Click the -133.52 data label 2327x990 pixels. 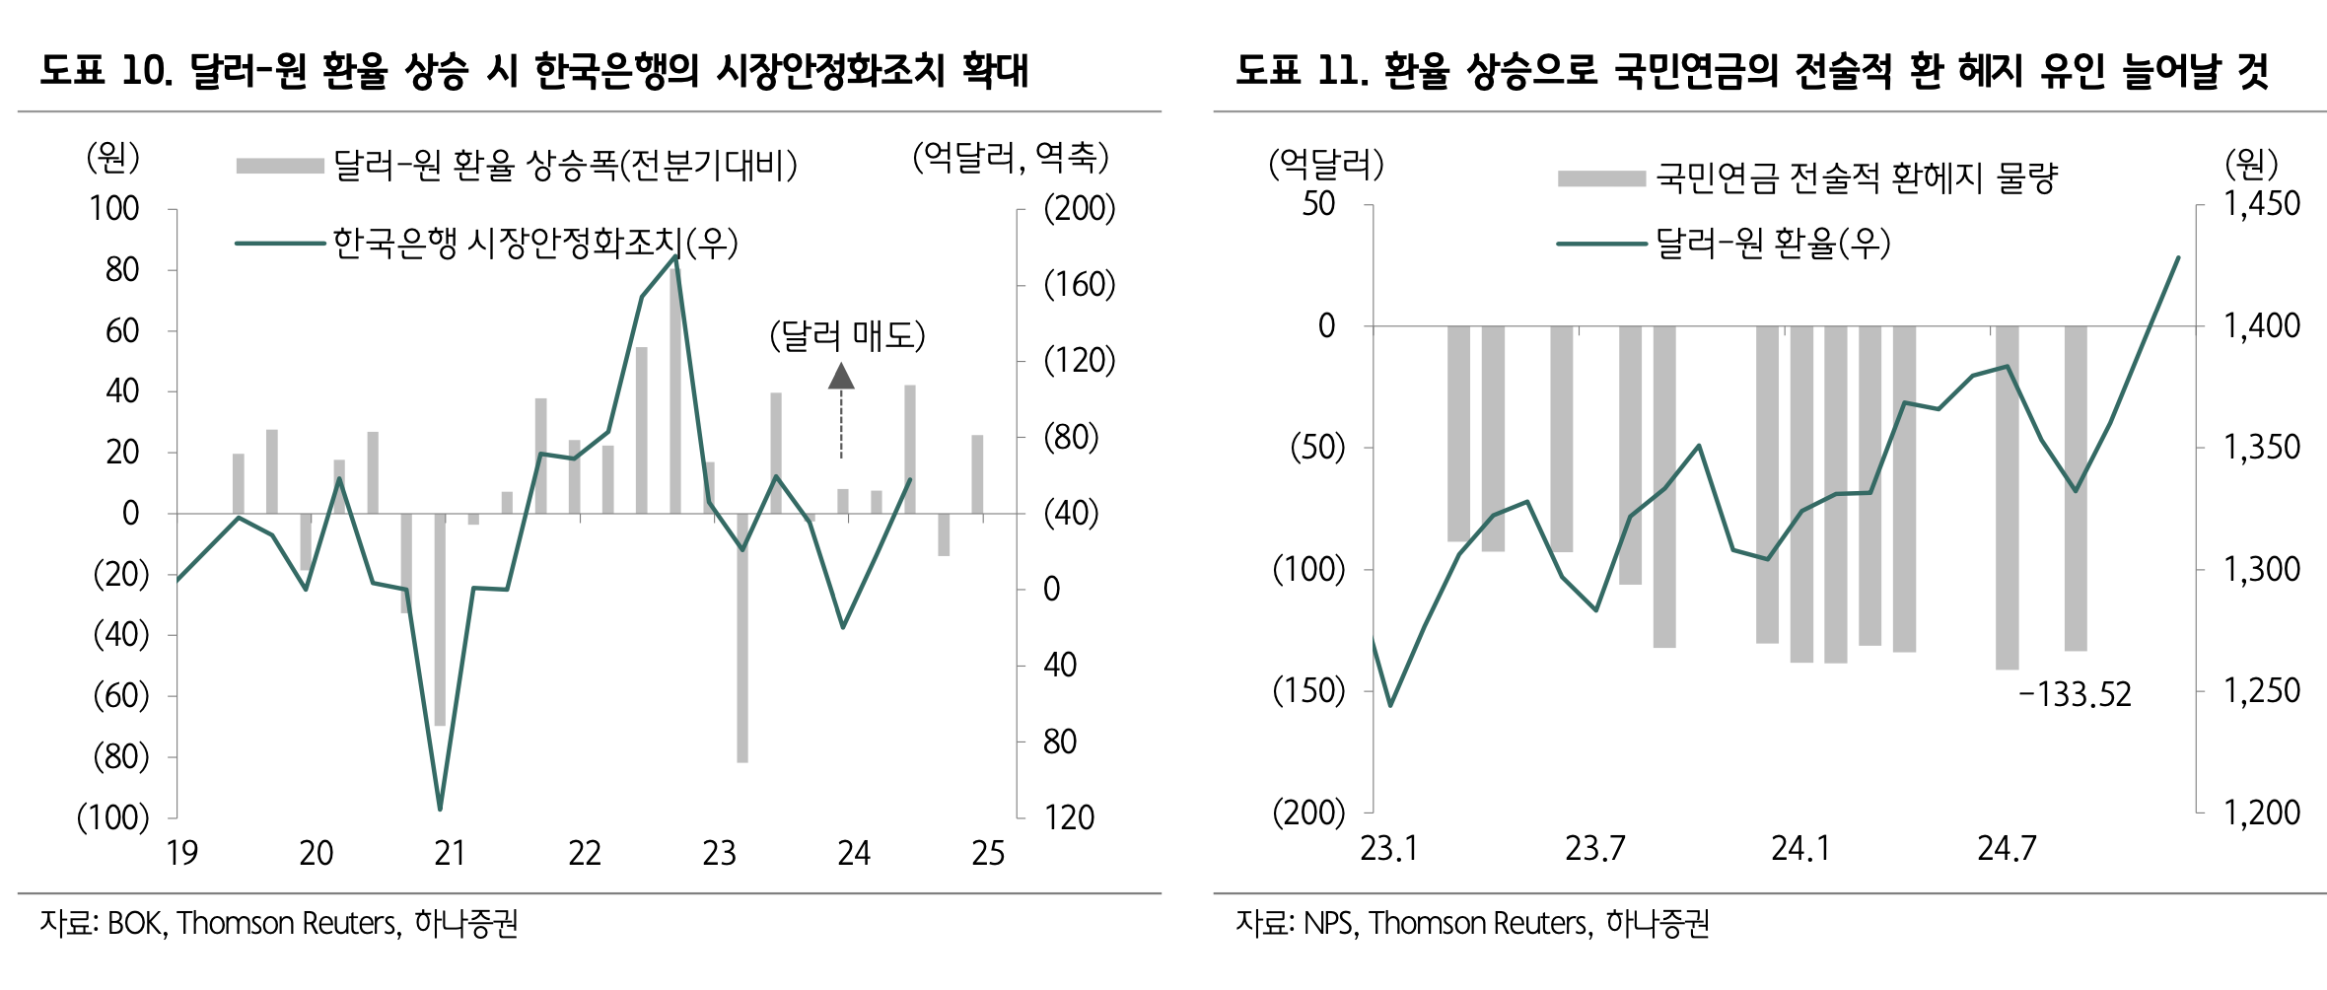tap(2075, 695)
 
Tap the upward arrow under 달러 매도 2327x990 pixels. tap(841, 377)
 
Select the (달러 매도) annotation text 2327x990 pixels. tap(847, 336)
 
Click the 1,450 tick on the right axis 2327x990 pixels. tap(2261, 204)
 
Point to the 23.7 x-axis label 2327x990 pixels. tap(1594, 849)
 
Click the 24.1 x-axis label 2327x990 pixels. tap(1800, 849)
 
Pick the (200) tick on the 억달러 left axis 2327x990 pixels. tap(1308, 813)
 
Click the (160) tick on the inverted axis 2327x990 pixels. tap(1080, 285)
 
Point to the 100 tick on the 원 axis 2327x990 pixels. tap(114, 209)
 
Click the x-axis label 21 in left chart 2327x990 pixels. tap(450, 853)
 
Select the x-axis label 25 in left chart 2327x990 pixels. tap(988, 853)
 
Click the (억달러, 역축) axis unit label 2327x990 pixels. tap(1011, 158)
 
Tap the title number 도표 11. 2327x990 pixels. tap(1302, 71)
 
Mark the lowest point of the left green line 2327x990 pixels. tap(440, 810)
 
